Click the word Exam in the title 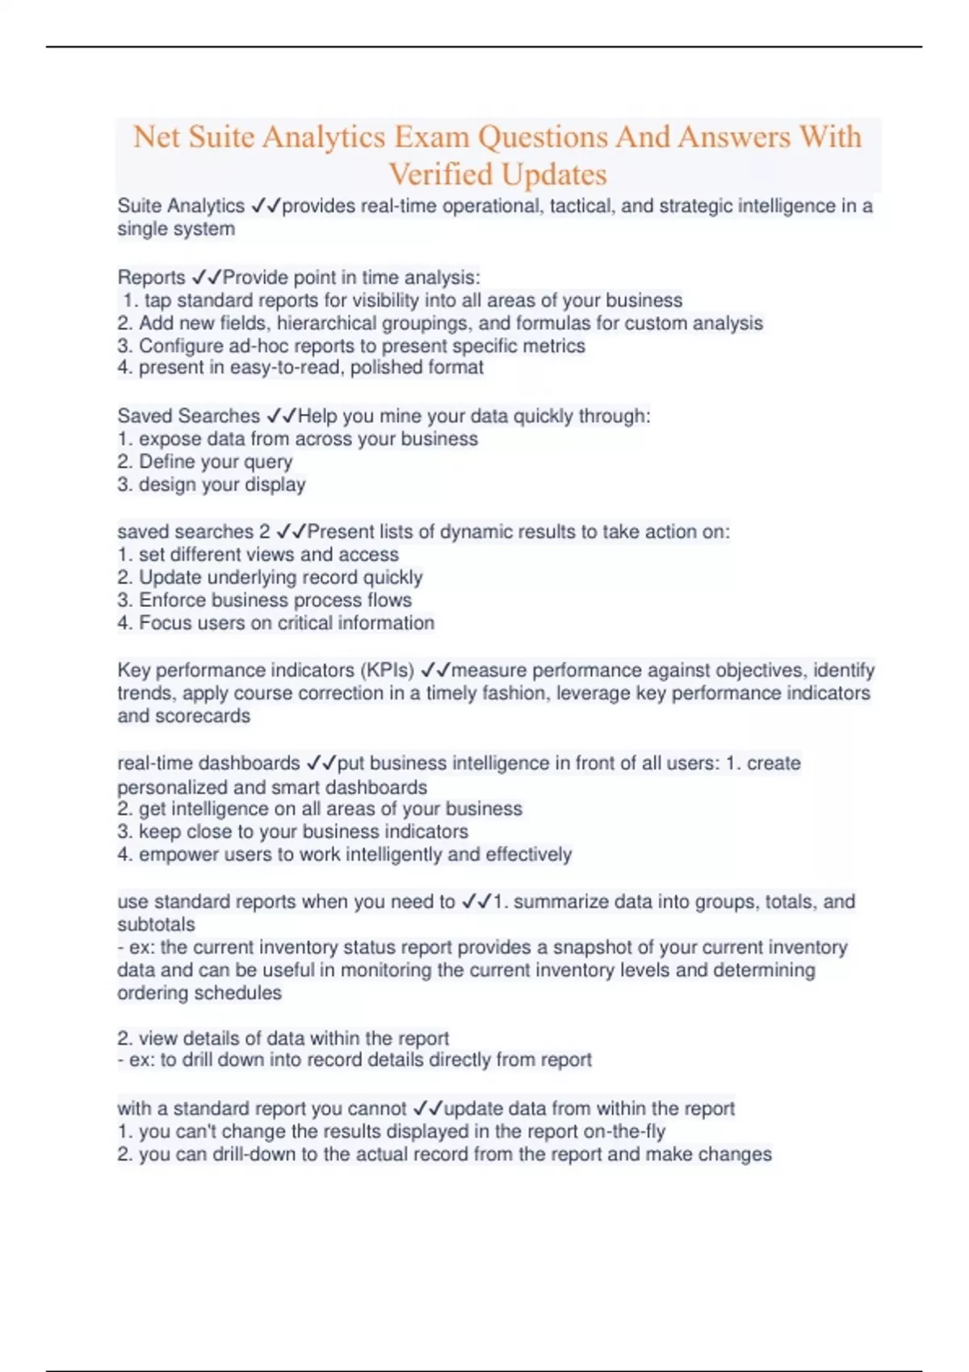(432, 137)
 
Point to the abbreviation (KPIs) (387, 671)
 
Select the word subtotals (157, 925)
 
